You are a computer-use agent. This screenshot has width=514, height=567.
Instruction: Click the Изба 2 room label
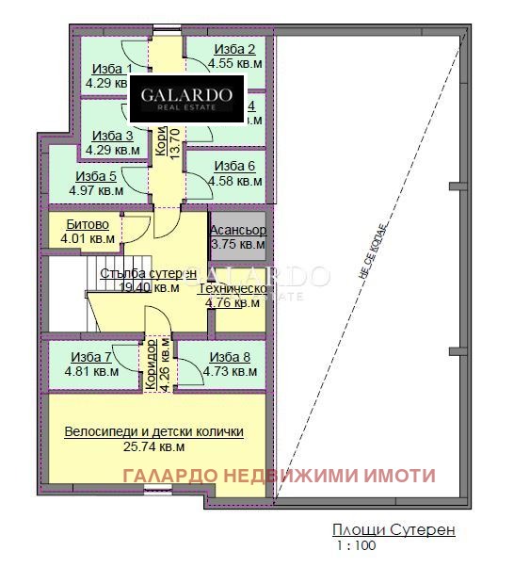[x=234, y=49]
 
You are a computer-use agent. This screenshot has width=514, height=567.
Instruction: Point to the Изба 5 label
[x=96, y=175]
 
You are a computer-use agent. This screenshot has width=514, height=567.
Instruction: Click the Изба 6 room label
[x=234, y=167]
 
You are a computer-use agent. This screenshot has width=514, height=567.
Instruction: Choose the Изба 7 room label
[x=90, y=357]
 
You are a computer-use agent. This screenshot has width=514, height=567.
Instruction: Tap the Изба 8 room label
[x=230, y=357]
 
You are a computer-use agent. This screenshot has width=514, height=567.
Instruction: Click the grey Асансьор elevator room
[x=237, y=236]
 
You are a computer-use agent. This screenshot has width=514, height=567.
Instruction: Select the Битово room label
[x=88, y=225]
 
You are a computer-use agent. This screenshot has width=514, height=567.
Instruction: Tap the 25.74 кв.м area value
[x=154, y=446]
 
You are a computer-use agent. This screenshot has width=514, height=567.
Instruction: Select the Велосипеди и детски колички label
[x=154, y=431]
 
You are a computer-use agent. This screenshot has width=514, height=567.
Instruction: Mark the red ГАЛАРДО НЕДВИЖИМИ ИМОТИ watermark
[x=280, y=476]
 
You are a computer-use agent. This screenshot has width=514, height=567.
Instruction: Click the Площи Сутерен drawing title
[x=394, y=530]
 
